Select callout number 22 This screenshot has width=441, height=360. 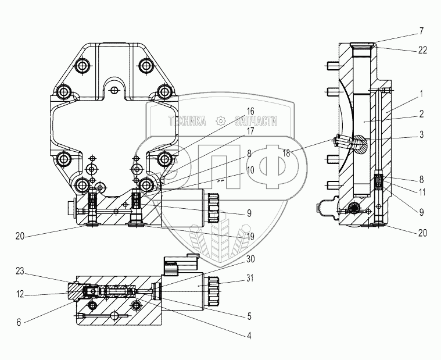[x=423, y=50]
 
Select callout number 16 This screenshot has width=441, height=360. [x=250, y=111]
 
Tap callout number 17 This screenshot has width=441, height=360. [x=250, y=131]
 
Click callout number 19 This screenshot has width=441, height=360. [x=250, y=237]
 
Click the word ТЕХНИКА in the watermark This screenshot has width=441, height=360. [x=187, y=121]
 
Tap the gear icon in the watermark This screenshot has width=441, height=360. [x=220, y=121]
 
